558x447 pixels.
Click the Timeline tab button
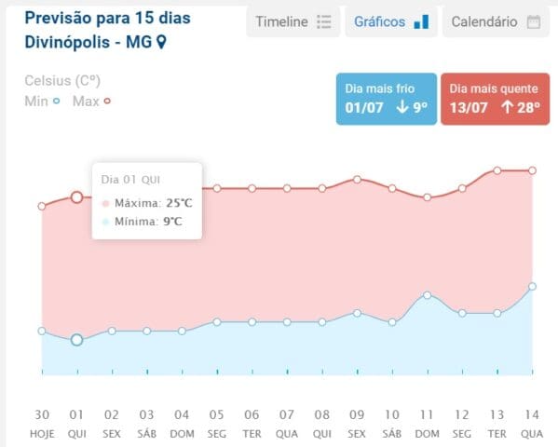(x=293, y=22)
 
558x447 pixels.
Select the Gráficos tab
(x=391, y=22)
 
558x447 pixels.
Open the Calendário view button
(x=496, y=22)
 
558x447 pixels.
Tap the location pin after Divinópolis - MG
(x=161, y=42)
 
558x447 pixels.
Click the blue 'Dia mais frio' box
(x=387, y=99)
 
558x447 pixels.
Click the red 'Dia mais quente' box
(x=495, y=99)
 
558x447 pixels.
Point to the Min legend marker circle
(x=56, y=102)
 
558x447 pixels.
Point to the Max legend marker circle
(x=107, y=102)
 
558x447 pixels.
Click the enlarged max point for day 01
(x=77, y=197)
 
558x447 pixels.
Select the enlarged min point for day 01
(x=77, y=340)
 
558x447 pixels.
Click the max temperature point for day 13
(x=497, y=170)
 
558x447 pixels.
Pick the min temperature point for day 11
(x=427, y=295)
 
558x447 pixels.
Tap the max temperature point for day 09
(x=357, y=180)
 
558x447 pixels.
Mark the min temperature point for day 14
(x=532, y=286)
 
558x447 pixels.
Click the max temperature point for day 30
(x=42, y=206)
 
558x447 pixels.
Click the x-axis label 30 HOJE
(x=42, y=424)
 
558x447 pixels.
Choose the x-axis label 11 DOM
(x=427, y=424)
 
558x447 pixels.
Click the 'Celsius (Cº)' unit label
(x=62, y=81)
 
